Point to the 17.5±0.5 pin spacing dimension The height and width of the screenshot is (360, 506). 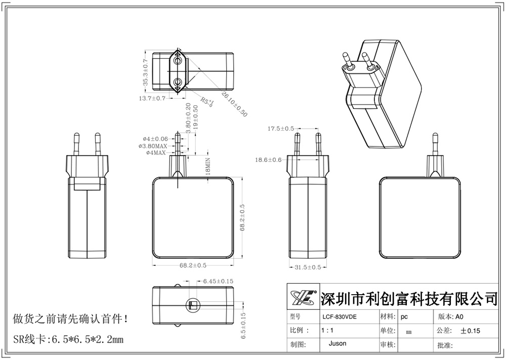(x=281, y=129)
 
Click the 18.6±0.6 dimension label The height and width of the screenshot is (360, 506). (x=269, y=160)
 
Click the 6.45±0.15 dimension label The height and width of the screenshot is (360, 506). (x=218, y=281)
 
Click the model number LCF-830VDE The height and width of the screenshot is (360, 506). (x=339, y=317)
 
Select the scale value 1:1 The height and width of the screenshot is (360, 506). (x=327, y=331)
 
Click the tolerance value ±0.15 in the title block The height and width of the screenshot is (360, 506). (x=470, y=331)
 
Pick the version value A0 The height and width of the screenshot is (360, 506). (x=459, y=317)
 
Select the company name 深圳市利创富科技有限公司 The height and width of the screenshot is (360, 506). (x=409, y=298)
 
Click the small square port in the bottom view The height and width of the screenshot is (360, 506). (x=193, y=305)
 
